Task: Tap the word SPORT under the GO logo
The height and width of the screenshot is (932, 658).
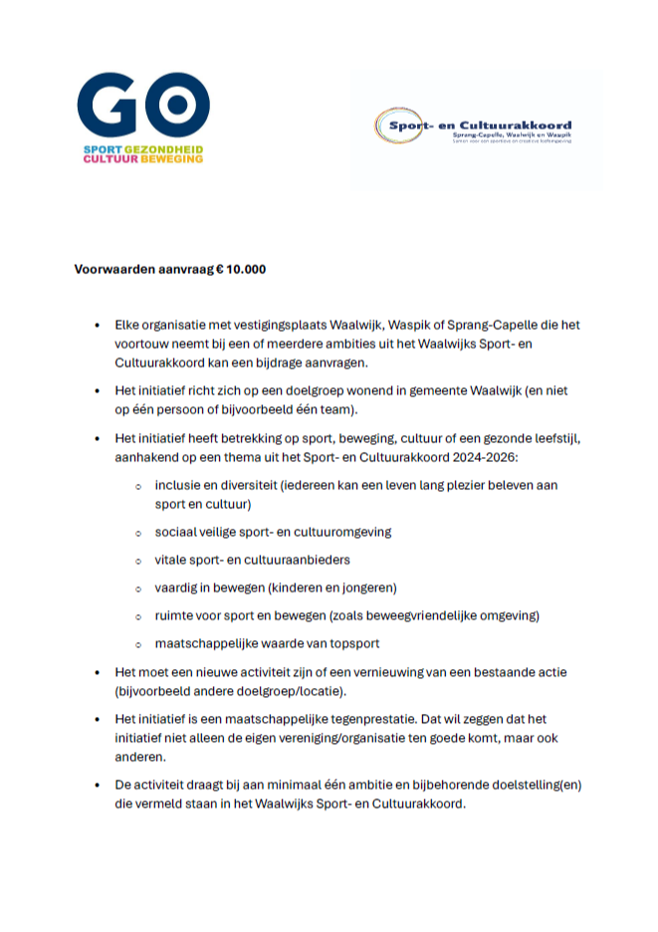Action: coord(99,148)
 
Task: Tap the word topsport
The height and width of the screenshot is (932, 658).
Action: coord(351,643)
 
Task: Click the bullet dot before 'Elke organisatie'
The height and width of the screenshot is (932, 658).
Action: coord(98,326)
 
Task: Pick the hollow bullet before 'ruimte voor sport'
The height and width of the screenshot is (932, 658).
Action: coord(137,615)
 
